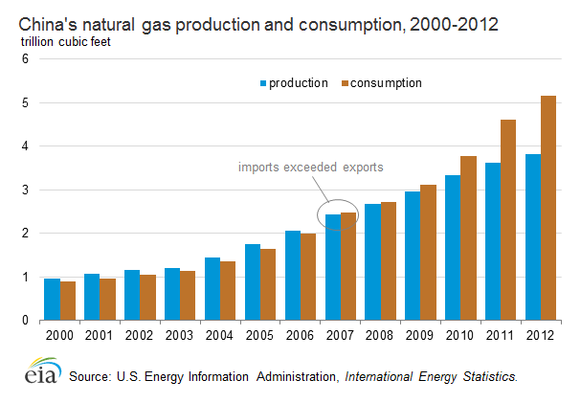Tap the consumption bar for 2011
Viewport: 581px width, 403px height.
(507, 220)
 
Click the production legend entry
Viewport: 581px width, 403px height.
(292, 83)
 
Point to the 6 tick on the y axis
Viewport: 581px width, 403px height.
(26, 59)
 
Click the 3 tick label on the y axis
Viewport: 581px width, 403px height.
(26, 190)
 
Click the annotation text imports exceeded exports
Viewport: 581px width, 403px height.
(310, 168)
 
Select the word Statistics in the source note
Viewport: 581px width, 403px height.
(490, 376)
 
